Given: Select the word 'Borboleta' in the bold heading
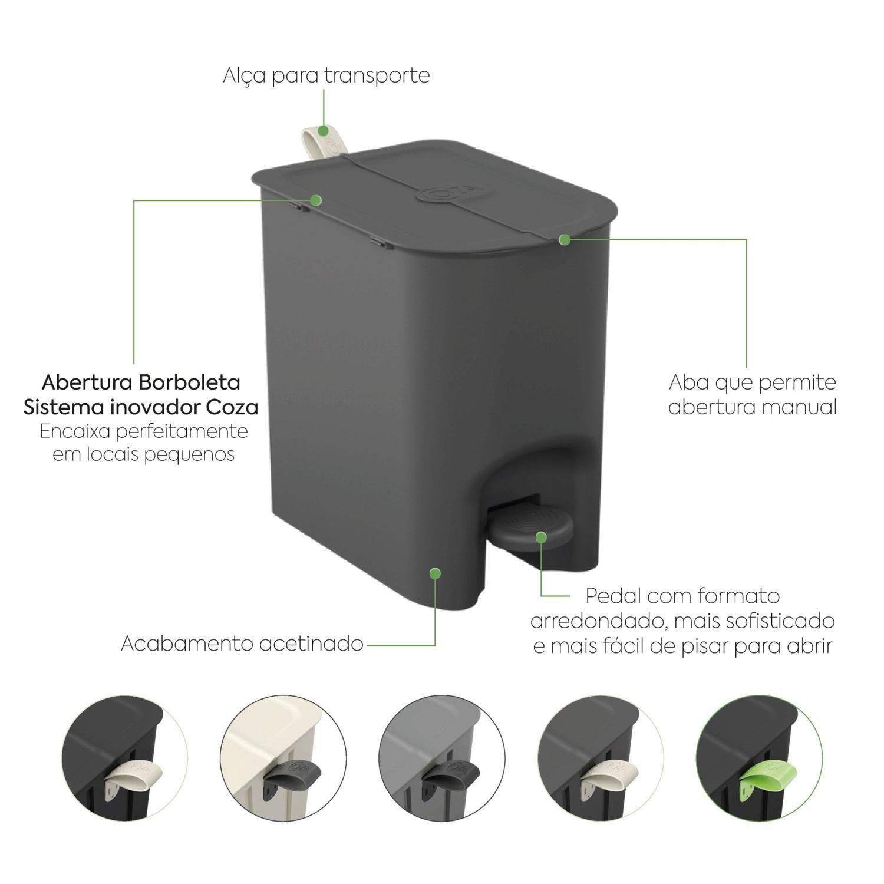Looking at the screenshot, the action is pos(190,382).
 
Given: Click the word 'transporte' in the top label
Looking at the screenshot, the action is pos(377,76).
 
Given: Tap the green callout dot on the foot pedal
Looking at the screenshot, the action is pos(542,536).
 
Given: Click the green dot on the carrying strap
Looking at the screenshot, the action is pos(324,130).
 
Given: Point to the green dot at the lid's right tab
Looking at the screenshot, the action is pos(564,240).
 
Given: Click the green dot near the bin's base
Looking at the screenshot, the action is pos(435,572).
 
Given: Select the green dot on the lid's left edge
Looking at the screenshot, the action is pos(316,200).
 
